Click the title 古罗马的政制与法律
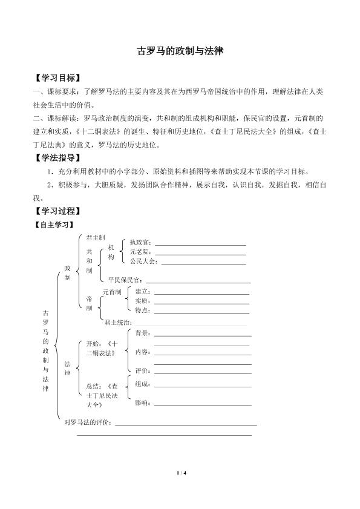click(180, 52)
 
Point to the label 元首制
click(112, 292)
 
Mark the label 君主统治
click(118, 323)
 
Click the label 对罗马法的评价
click(88, 422)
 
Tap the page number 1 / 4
click(180, 472)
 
